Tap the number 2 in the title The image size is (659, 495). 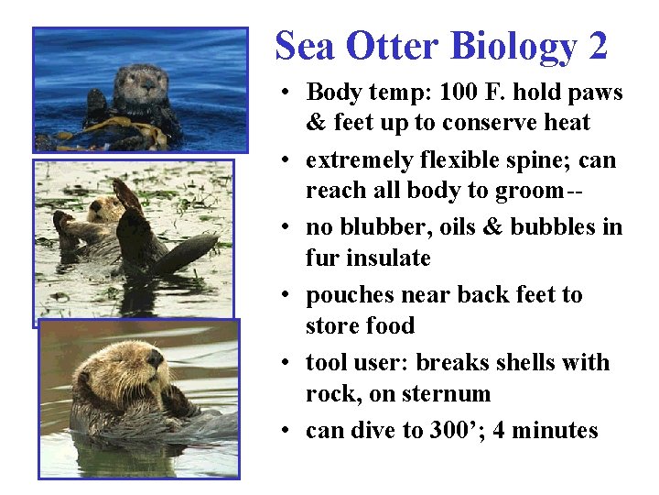598,46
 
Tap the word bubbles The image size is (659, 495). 559,227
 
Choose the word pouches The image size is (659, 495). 345,295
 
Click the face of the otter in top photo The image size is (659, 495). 141,83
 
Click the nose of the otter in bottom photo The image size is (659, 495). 156,358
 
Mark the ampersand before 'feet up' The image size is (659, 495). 316,123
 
